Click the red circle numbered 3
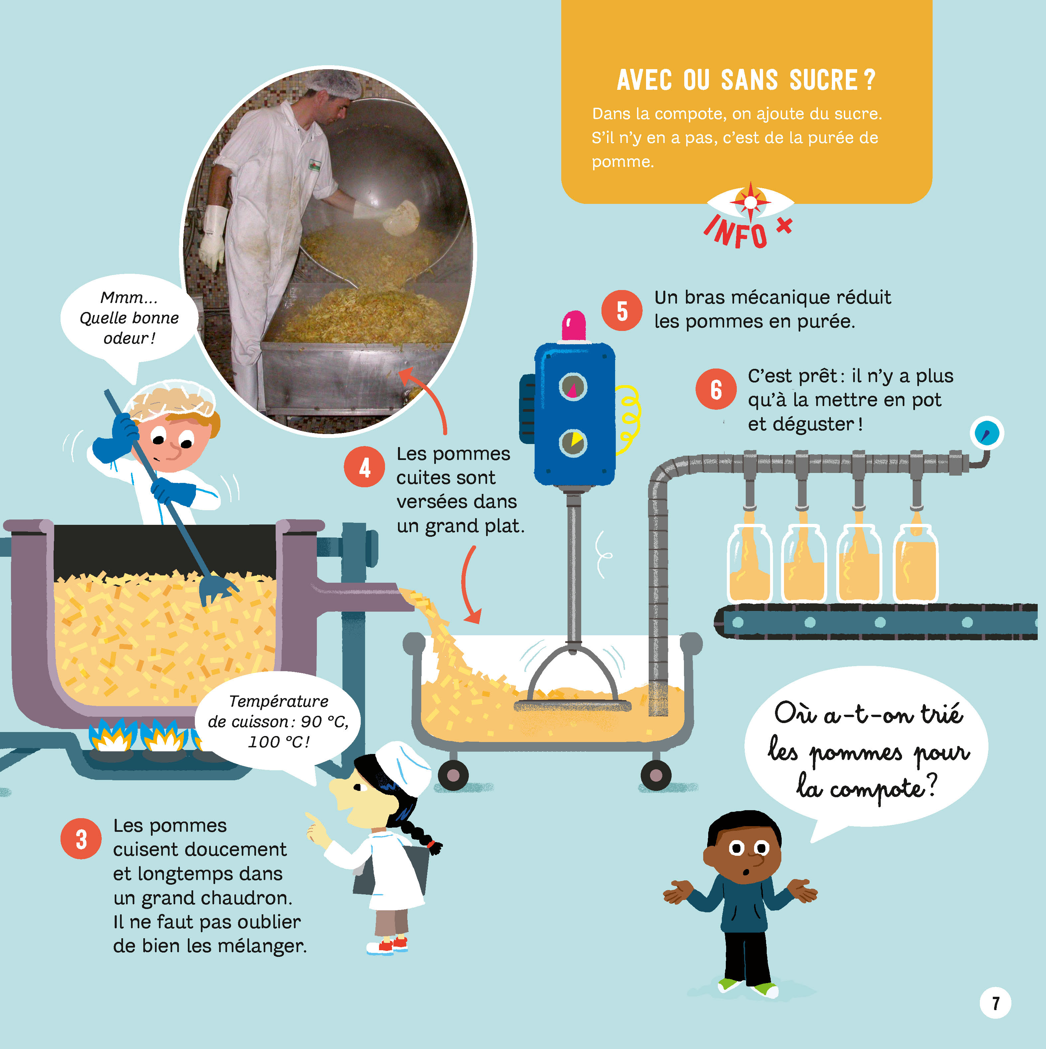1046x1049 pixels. [81, 839]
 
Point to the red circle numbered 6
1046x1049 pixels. [716, 389]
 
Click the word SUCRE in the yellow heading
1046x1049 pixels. [824, 80]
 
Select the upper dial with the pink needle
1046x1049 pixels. [573, 387]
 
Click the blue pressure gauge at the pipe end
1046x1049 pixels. [986, 434]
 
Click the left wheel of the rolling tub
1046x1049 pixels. [453, 775]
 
